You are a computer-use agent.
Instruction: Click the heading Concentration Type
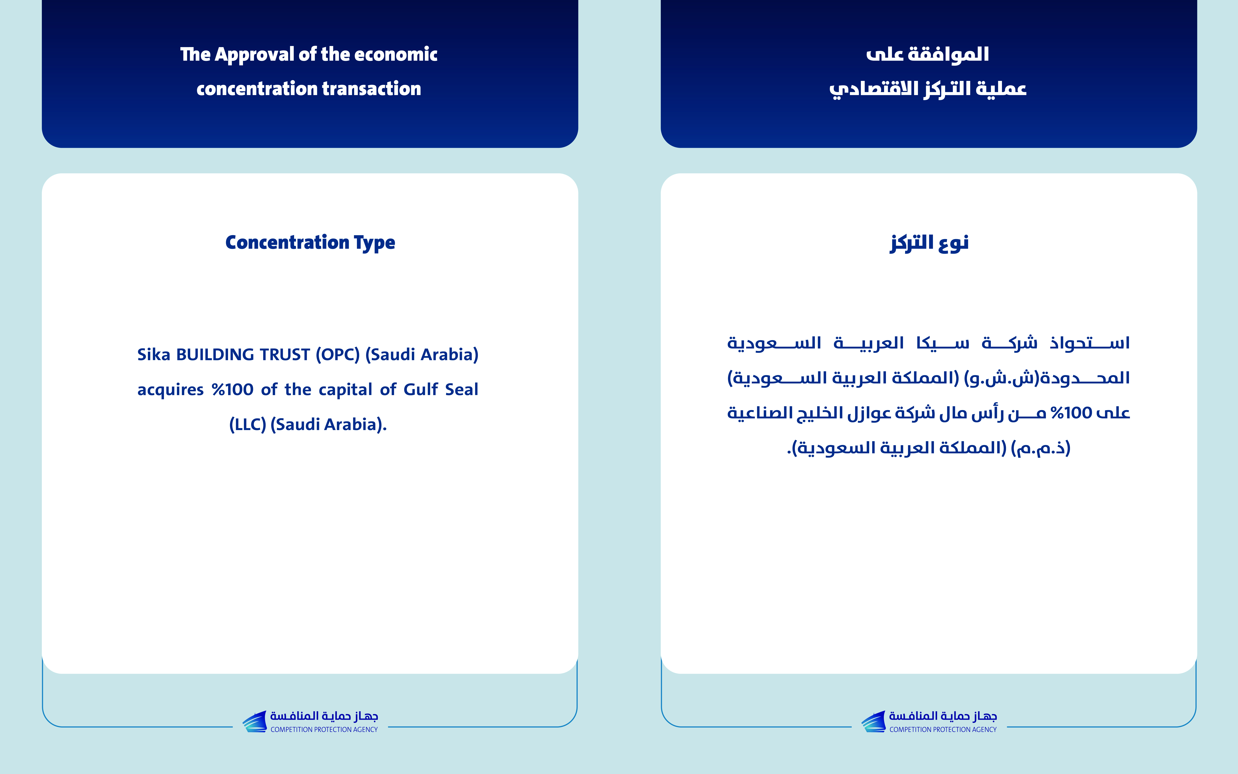click(x=310, y=243)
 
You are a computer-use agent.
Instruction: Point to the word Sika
click(x=153, y=354)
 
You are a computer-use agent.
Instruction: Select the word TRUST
click(x=285, y=354)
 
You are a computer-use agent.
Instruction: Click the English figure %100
click(x=233, y=390)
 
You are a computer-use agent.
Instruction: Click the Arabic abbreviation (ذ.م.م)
click(x=1041, y=448)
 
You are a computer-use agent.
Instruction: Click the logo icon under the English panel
click(x=254, y=721)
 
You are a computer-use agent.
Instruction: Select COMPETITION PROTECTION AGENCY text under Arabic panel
click(x=943, y=729)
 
